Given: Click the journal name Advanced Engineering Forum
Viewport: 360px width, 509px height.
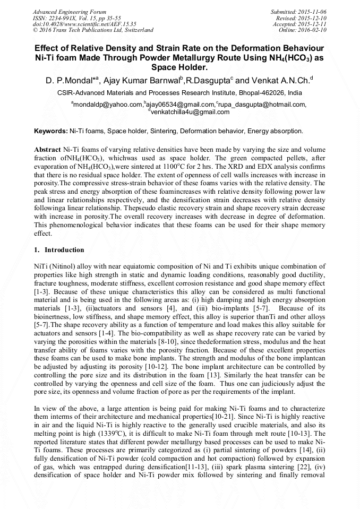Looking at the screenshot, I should [x=69, y=12].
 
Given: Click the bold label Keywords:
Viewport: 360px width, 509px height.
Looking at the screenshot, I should [x=51, y=131].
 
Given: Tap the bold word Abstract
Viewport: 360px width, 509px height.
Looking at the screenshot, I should [x=47, y=150].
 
